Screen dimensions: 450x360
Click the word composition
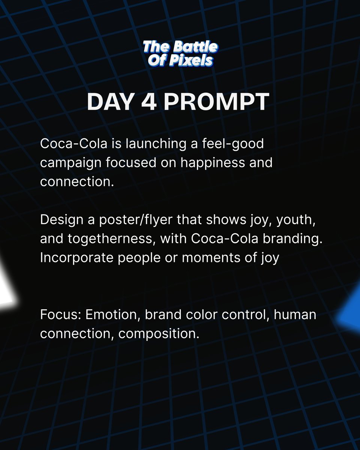pos(157,333)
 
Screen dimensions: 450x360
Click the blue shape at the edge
pos(351,311)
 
